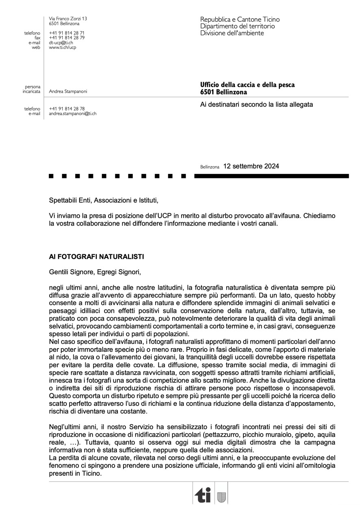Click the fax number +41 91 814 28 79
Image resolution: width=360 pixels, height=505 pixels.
(x=67, y=38)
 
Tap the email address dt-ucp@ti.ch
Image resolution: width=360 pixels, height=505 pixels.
(x=61, y=43)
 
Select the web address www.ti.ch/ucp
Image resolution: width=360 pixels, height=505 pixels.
(x=63, y=48)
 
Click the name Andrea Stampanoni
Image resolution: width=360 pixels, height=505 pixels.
(x=68, y=92)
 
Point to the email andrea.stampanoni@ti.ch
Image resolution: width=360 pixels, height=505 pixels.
(x=73, y=114)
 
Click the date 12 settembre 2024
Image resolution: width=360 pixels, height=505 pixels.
(x=251, y=166)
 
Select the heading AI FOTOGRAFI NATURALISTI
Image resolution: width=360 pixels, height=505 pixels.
(x=96, y=257)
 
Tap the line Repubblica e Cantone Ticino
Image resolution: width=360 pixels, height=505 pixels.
(x=240, y=20)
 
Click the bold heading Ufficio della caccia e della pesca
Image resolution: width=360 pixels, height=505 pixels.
(x=247, y=85)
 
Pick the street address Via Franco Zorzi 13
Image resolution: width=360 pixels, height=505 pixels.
(x=68, y=19)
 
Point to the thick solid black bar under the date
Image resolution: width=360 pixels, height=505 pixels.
(x=271, y=176)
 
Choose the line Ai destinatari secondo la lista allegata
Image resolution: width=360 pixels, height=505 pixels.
(x=256, y=104)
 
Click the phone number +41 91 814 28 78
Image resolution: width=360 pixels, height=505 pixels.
(x=67, y=109)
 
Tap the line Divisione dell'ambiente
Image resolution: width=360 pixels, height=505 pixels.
(x=232, y=33)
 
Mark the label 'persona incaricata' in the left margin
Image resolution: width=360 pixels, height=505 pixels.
(x=32, y=89)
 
